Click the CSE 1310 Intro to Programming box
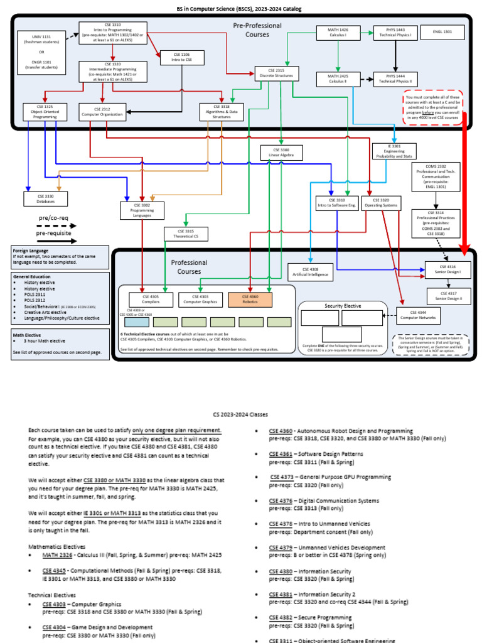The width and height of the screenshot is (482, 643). tap(113, 33)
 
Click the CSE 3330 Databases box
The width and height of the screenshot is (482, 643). tap(45, 198)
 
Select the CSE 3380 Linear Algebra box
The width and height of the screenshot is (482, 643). tap(277, 152)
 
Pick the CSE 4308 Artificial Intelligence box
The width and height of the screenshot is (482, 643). tap(311, 272)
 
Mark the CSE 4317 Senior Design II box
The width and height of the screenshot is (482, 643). tap(447, 296)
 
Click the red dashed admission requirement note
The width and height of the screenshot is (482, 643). tap(433, 108)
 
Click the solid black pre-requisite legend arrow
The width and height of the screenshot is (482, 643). tap(56, 240)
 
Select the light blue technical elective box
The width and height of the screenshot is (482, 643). tap(134, 321)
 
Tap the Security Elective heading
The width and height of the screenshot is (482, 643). tap(343, 306)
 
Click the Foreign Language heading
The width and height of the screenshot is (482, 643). tap(29, 251)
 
